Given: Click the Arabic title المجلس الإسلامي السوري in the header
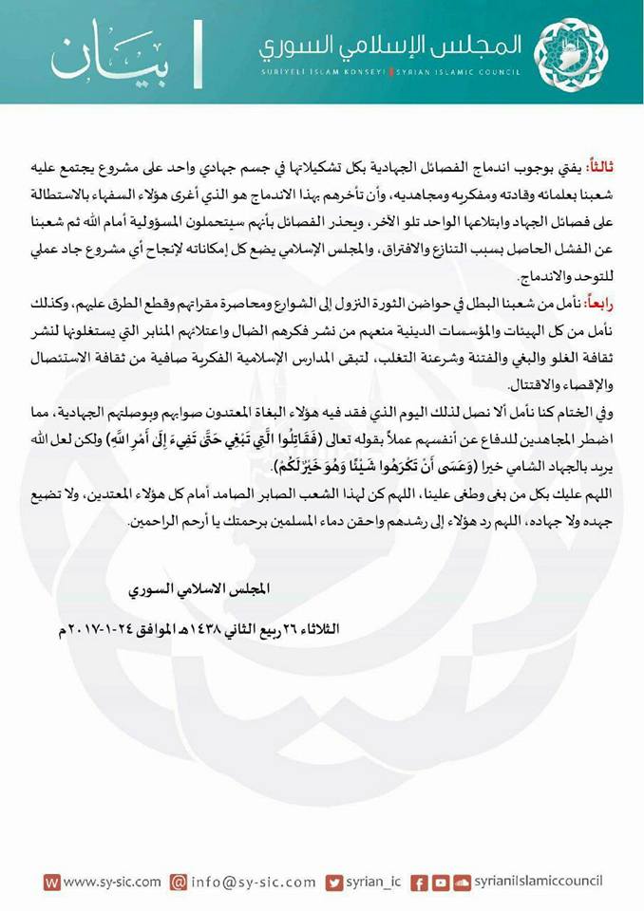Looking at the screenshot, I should click(390, 45).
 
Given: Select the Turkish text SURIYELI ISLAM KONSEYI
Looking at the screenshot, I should click(322, 71).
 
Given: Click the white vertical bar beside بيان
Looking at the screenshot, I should click(197, 56).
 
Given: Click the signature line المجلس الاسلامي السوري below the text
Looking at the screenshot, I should click(199, 588).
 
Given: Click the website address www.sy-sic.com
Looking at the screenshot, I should click(111, 882).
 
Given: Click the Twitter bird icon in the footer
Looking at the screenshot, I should click(333, 882).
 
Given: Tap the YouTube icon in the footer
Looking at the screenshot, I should click(440, 882).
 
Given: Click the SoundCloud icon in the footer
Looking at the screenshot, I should click(462, 882).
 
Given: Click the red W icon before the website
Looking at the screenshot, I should click(52, 882).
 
